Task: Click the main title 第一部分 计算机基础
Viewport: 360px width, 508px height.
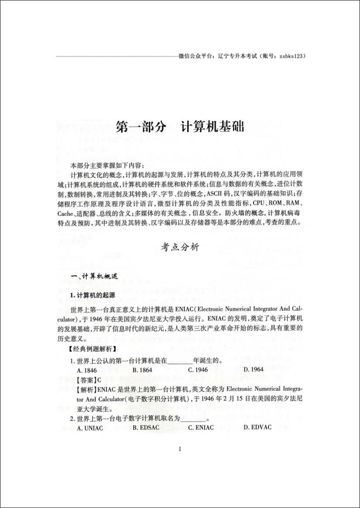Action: (x=180, y=127)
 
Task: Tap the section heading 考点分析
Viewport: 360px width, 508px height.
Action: (x=180, y=247)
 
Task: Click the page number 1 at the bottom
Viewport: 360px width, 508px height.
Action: (x=180, y=449)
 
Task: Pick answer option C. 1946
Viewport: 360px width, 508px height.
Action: (x=198, y=370)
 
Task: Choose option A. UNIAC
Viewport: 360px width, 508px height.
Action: (x=85, y=427)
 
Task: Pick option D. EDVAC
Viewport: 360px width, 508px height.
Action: (x=258, y=427)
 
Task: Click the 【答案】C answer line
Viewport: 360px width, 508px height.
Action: (x=85, y=379)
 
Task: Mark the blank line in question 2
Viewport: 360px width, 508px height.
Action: (x=194, y=419)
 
